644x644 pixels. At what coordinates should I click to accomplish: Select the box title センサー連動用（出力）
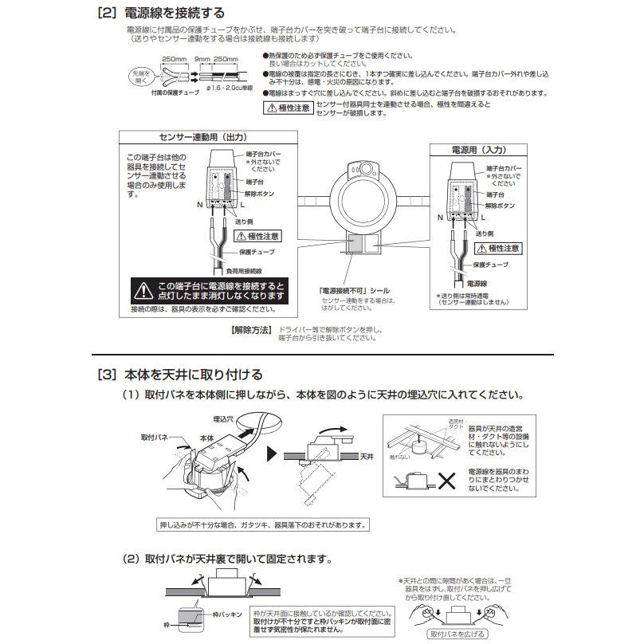tap(187, 137)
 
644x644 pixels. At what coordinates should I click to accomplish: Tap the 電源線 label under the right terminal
tap(477, 283)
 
